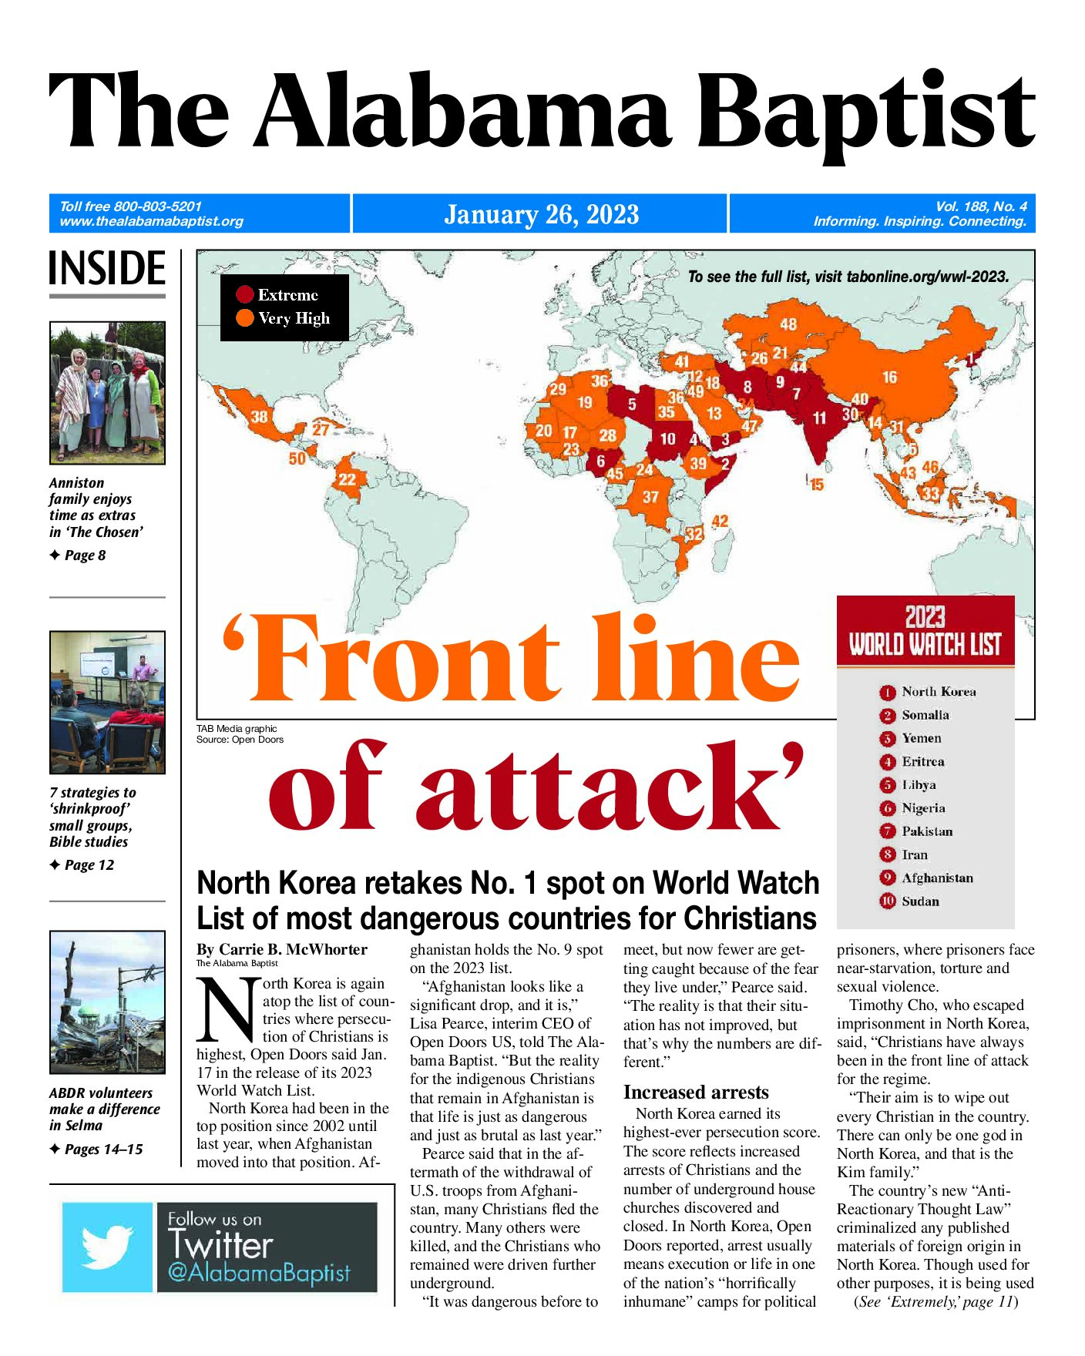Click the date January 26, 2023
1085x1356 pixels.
pyautogui.click(x=541, y=214)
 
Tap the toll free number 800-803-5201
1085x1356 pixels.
pyautogui.click(x=157, y=206)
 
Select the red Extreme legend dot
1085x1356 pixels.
pyautogui.click(x=245, y=294)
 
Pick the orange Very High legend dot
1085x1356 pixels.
pyautogui.click(x=245, y=318)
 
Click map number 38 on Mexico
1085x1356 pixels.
pyautogui.click(x=260, y=417)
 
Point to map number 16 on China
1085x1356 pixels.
pyautogui.click(x=889, y=377)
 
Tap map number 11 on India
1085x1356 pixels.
pyautogui.click(x=819, y=418)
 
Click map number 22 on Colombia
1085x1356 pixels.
pyautogui.click(x=347, y=479)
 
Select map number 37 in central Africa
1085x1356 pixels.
pyautogui.click(x=650, y=497)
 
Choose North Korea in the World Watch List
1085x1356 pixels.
pyautogui.click(x=938, y=692)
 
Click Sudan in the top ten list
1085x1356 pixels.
pyautogui.click(x=920, y=901)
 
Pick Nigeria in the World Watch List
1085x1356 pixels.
pyautogui.click(x=923, y=808)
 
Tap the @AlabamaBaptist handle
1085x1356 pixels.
pyautogui.click(x=259, y=1273)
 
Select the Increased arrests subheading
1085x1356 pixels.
pyautogui.click(x=696, y=1092)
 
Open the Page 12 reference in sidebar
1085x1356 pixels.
pyautogui.click(x=89, y=865)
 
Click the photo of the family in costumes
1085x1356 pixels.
pyautogui.click(x=107, y=393)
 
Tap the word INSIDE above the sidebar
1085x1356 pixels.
pyautogui.click(x=107, y=269)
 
